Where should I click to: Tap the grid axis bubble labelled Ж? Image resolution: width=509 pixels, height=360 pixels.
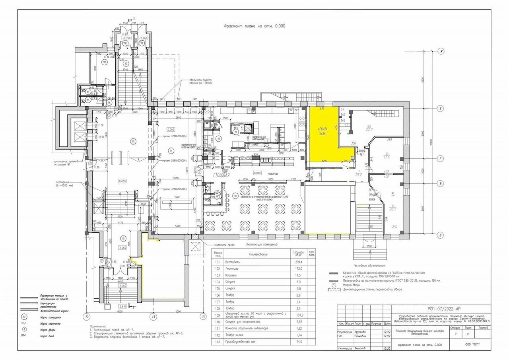click(441, 51)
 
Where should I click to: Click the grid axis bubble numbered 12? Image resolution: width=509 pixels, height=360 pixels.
click(86, 317)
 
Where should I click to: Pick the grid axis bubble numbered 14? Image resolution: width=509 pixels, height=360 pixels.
click(203, 317)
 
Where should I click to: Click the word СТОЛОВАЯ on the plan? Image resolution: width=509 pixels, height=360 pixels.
click(221, 175)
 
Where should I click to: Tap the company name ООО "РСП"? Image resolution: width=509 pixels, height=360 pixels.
click(471, 344)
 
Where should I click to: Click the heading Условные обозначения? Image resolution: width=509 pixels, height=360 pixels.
click(369, 265)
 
